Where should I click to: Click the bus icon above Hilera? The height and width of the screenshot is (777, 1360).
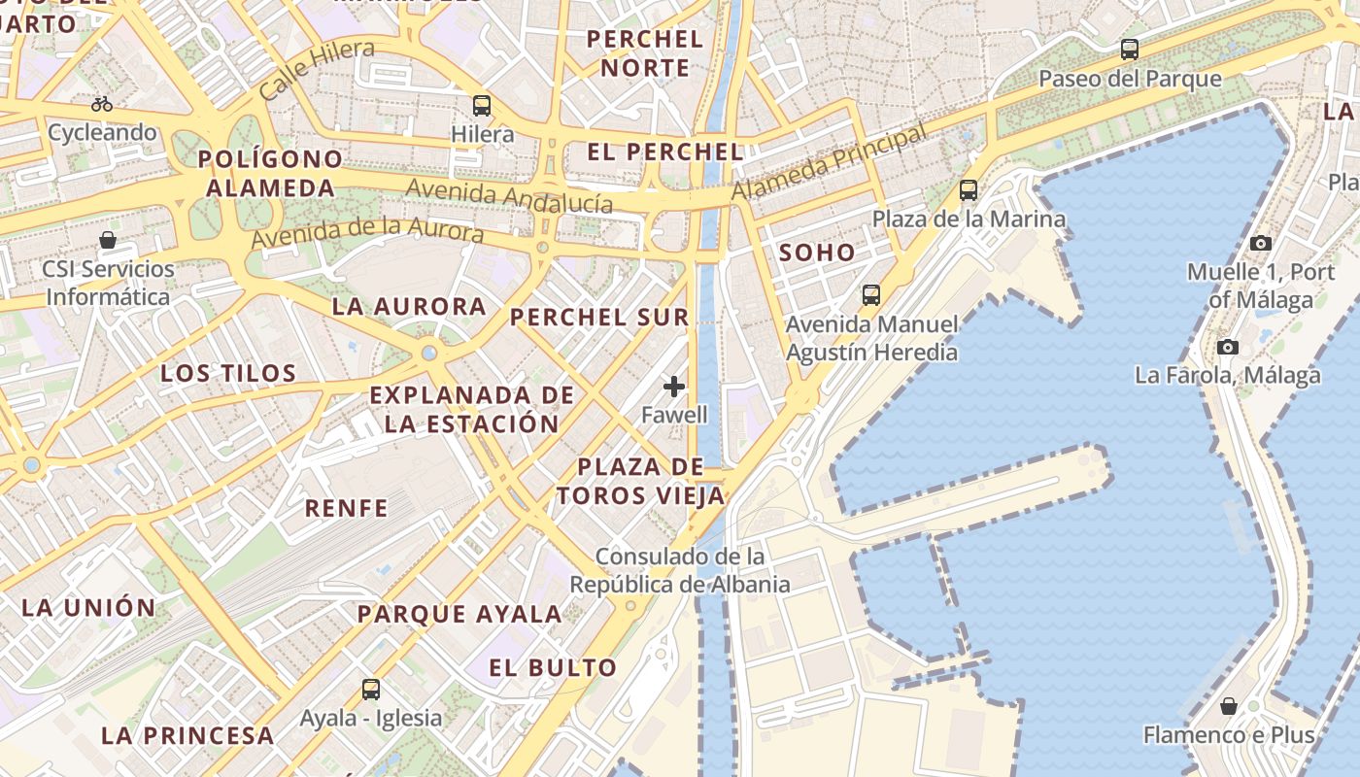(x=482, y=106)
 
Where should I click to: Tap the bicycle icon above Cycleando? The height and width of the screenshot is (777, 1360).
(x=102, y=104)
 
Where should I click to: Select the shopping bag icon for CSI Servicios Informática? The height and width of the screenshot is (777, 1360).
(x=108, y=240)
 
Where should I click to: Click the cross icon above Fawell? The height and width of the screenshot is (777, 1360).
(x=674, y=387)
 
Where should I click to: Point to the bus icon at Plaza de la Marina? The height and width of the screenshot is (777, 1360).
(x=969, y=190)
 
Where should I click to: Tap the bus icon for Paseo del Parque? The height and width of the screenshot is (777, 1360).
(x=1130, y=50)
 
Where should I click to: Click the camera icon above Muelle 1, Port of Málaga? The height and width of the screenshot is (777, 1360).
(x=1261, y=243)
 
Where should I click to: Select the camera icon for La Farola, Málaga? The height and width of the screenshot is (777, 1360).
(x=1228, y=347)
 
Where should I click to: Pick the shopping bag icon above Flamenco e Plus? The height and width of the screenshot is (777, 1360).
(x=1229, y=706)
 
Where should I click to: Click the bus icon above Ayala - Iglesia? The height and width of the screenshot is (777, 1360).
(x=371, y=690)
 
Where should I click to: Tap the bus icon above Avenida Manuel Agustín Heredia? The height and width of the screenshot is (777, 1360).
(x=871, y=294)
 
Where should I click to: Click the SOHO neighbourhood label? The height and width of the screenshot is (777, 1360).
(x=817, y=253)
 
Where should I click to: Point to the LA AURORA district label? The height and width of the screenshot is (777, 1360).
(x=409, y=307)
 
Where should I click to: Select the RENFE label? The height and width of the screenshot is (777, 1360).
(x=346, y=508)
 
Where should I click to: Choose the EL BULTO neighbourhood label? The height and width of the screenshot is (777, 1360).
(x=553, y=668)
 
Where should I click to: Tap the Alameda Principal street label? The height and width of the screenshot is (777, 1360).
(x=828, y=163)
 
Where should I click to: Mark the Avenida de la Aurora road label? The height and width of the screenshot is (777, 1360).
(x=367, y=233)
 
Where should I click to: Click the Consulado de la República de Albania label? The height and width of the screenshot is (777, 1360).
(x=679, y=571)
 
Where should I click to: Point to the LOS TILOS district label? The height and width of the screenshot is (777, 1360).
(x=228, y=373)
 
